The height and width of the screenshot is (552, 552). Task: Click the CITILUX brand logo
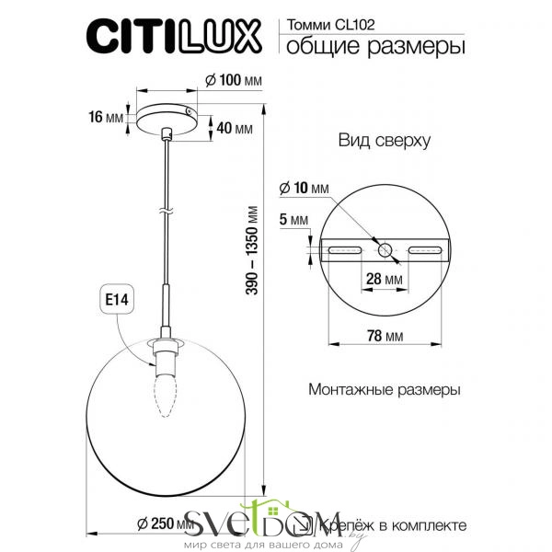[x=174, y=36]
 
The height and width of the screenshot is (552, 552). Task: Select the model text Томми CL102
[x=330, y=25]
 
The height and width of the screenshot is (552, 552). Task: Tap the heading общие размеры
[x=375, y=46]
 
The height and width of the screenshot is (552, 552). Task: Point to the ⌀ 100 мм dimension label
[x=234, y=81]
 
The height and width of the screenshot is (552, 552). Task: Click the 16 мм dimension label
[x=106, y=117]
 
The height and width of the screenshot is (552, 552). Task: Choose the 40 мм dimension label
[x=235, y=129]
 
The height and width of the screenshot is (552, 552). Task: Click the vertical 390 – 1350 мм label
[x=252, y=250]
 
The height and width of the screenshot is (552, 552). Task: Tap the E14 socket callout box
[x=117, y=300]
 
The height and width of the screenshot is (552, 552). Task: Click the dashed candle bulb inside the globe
[x=165, y=395]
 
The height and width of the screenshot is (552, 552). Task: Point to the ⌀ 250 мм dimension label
[x=166, y=524]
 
